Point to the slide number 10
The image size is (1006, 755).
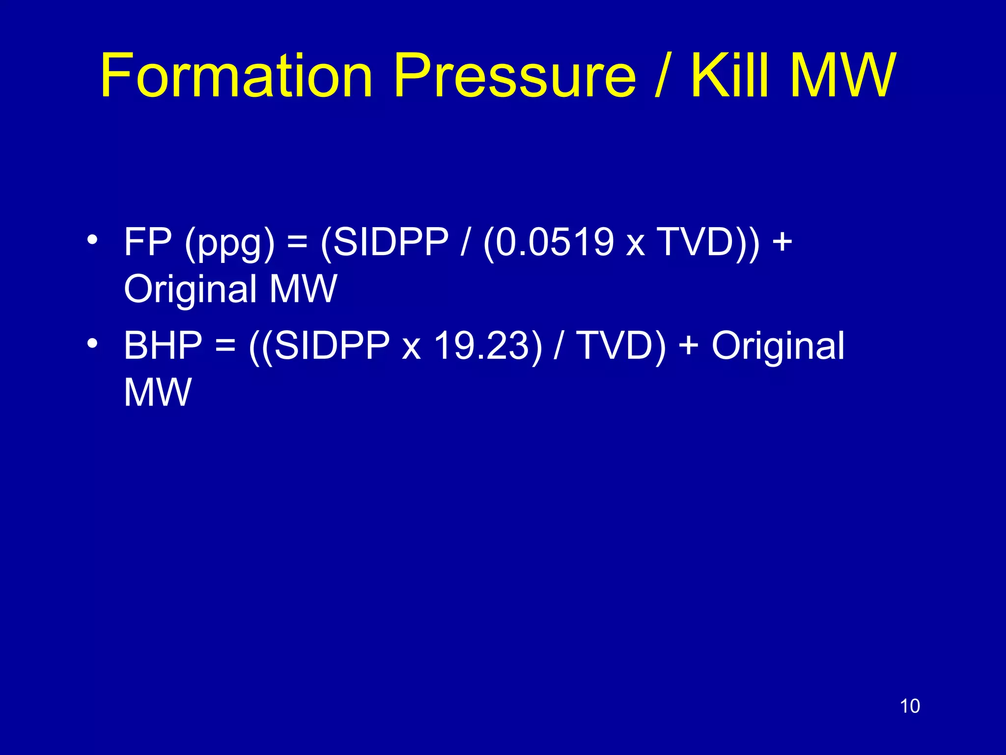910,706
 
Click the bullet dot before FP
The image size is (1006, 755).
91,240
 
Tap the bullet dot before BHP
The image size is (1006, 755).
91,344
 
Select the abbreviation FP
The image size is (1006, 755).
148,242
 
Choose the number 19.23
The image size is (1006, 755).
481,345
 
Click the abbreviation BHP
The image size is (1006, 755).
163,345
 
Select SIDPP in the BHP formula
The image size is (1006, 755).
331,345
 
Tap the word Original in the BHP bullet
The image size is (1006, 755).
778,345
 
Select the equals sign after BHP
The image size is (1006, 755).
225,345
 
